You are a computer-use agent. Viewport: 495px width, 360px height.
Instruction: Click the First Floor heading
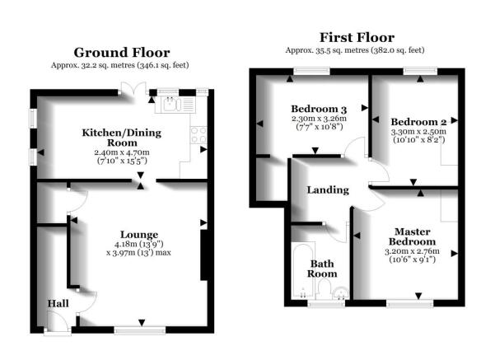357,37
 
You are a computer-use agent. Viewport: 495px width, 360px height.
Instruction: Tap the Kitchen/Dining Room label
120,138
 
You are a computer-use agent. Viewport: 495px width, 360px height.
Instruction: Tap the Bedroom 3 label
319,110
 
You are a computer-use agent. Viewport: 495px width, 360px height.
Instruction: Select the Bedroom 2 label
417,119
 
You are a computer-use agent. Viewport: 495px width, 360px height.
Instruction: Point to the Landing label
328,189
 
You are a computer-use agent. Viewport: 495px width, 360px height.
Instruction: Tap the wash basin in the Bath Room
339,289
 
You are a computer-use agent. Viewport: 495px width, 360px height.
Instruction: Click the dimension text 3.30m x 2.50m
418,131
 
